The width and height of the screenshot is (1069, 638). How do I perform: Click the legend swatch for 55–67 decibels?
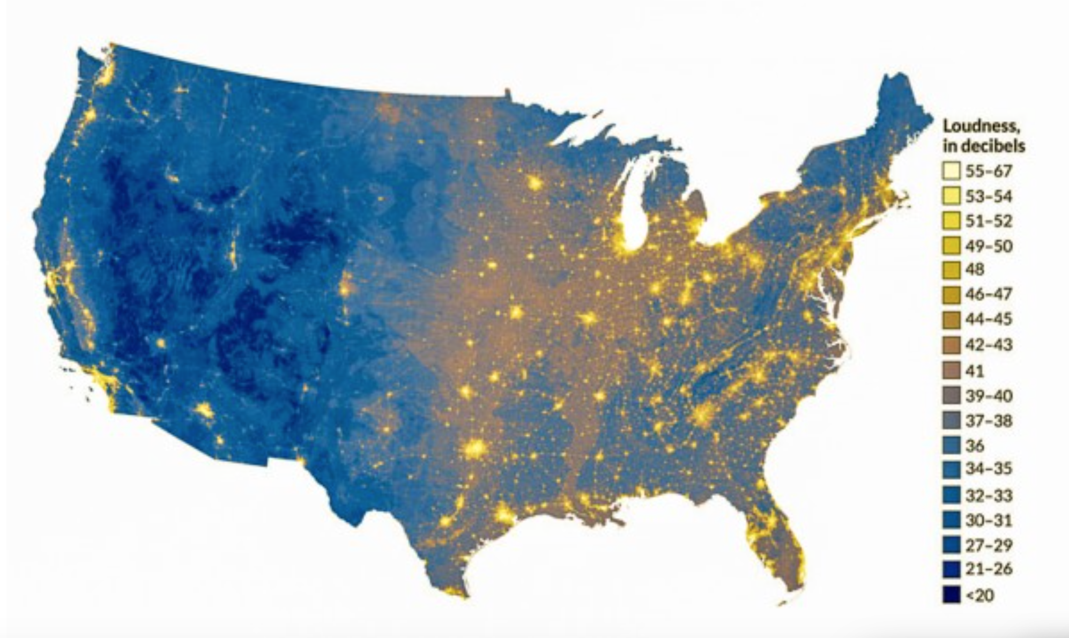pyautogui.click(x=952, y=172)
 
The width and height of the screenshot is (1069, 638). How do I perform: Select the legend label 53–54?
pyautogui.click(x=989, y=196)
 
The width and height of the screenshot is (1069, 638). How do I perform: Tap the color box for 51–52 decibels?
pyautogui.click(x=952, y=221)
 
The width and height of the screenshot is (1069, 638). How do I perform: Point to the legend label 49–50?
pyautogui.click(x=989, y=246)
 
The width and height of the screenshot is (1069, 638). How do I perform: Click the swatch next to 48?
pyautogui.click(x=952, y=270)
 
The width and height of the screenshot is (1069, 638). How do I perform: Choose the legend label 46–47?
pyautogui.click(x=989, y=294)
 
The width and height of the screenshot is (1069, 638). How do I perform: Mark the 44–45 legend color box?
pyautogui.click(x=952, y=320)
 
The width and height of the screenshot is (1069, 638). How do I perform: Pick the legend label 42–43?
pyautogui.click(x=989, y=344)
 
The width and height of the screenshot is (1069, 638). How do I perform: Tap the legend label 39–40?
pyautogui.click(x=989, y=396)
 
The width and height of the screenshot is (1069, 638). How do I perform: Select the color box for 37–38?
pyautogui.click(x=952, y=421)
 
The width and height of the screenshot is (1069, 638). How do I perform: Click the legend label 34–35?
pyautogui.click(x=989, y=469)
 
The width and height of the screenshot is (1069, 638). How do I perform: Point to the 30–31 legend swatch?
pyautogui.click(x=952, y=520)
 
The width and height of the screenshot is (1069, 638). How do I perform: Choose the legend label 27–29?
pyautogui.click(x=989, y=545)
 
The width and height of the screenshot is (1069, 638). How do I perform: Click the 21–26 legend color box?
pyautogui.click(x=952, y=569)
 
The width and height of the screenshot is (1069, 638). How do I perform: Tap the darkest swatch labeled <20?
pyautogui.click(x=952, y=595)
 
